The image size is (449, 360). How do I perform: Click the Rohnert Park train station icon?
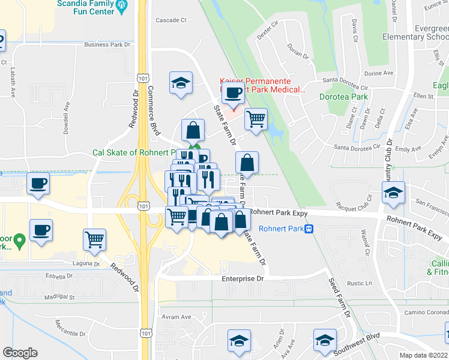click(x=309, y=229)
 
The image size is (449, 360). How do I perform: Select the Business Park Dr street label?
click(x=107, y=44)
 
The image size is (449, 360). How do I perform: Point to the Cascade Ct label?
click(x=171, y=20)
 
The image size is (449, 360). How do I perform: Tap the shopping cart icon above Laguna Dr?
click(x=95, y=240)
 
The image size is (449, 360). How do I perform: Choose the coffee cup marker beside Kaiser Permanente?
click(x=233, y=94)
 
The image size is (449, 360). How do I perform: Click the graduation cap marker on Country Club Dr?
click(x=393, y=193)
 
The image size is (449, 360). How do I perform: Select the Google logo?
click(x=20, y=353)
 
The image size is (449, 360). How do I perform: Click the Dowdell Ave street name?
click(x=67, y=116)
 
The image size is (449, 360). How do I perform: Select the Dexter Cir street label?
click(x=268, y=31)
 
